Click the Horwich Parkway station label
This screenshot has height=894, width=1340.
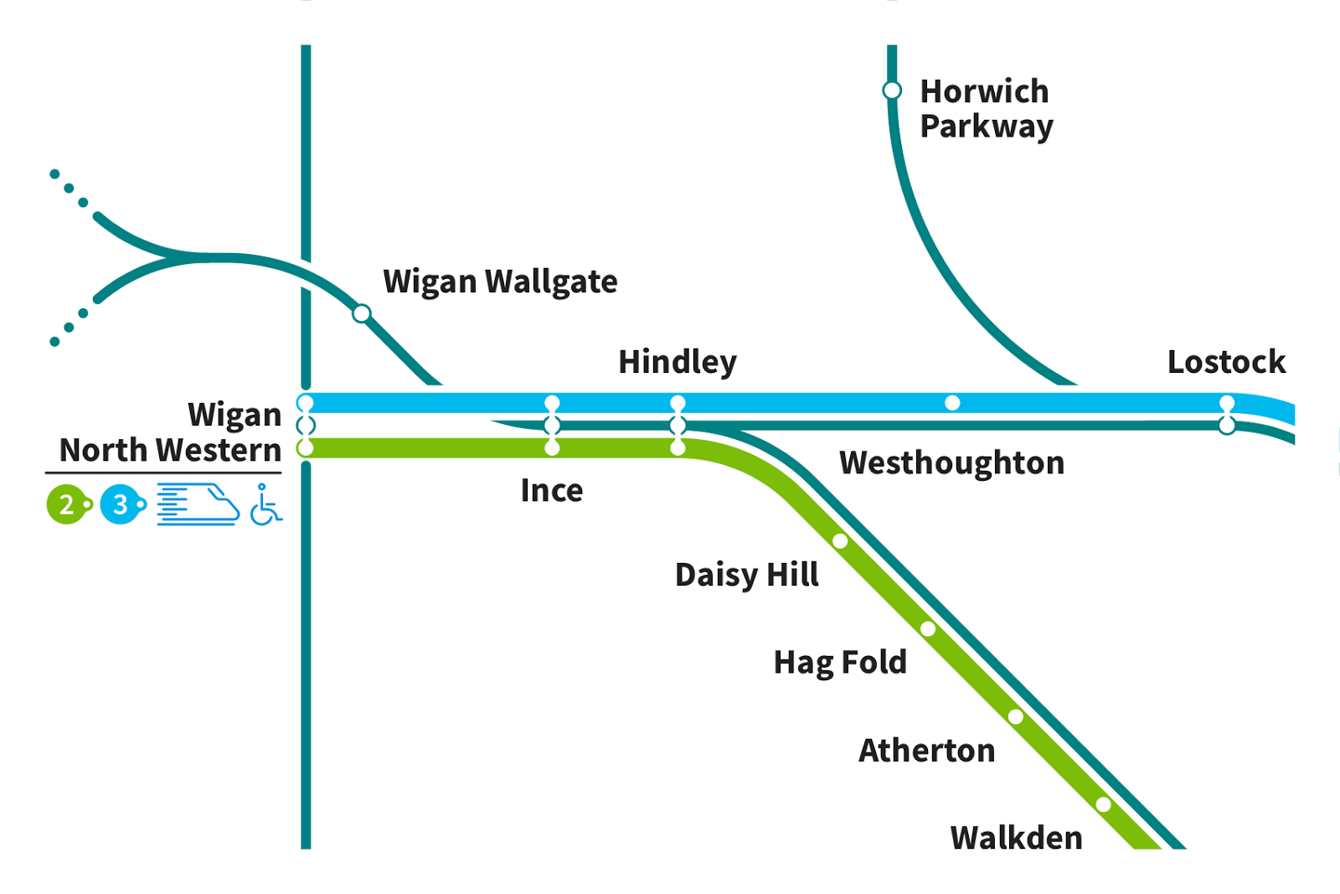[x=986, y=109]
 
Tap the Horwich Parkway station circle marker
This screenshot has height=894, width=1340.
[x=892, y=90]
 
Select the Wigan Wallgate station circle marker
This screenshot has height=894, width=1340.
[x=361, y=313]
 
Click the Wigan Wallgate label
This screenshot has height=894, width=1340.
[x=500, y=282]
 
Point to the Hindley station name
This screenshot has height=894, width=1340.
[x=677, y=362]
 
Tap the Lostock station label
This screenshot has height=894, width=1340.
[x=1226, y=362]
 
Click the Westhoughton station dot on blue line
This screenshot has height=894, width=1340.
[x=952, y=403]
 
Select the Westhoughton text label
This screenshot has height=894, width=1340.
[x=951, y=463]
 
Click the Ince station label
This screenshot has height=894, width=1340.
[x=551, y=490]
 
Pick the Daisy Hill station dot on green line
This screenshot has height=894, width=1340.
[x=840, y=541]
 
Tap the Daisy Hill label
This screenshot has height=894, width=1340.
[x=746, y=575]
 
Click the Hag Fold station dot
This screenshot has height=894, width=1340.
[x=928, y=628]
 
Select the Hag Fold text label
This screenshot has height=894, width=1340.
[x=839, y=663]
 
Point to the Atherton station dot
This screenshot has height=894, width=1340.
[x=1016, y=716]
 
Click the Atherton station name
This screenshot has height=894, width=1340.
[x=926, y=751]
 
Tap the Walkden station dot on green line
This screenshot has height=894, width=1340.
[x=1104, y=804]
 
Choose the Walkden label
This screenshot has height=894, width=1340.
[x=1016, y=838]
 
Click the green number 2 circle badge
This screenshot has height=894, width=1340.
[x=66, y=504]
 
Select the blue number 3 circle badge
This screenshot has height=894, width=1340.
[x=121, y=504]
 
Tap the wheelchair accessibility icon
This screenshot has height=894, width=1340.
[x=265, y=504]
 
